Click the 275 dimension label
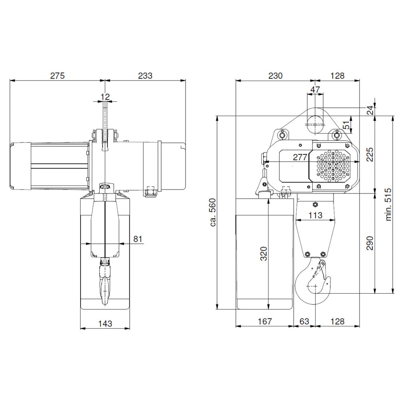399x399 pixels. coord(57,75)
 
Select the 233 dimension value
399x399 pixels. coord(146,75)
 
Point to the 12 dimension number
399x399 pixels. coord(105,96)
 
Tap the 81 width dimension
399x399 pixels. coord(138,239)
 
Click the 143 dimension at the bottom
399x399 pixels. coord(105,323)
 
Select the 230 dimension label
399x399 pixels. coord(275,75)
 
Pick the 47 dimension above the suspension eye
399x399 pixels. coord(315,90)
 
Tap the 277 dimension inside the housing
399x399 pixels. coord(300,157)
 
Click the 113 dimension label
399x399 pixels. coord(315,215)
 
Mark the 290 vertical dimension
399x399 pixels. coord(369,243)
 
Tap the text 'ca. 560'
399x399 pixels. coord(213,213)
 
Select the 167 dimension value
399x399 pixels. coord(265,321)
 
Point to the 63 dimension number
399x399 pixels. coord(304,321)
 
